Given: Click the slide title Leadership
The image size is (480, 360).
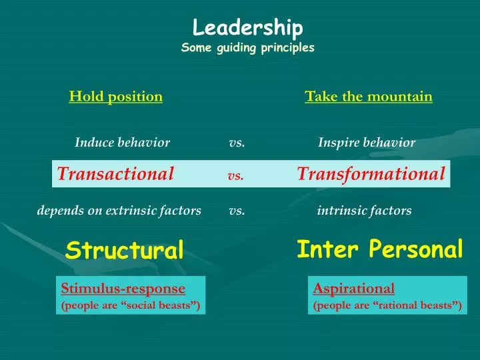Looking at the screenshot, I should click(248, 28).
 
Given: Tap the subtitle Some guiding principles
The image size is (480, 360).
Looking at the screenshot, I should click(247, 48).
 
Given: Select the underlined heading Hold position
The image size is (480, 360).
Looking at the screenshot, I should click(116, 97).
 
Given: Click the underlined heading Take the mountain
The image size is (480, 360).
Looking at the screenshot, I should click(369, 97).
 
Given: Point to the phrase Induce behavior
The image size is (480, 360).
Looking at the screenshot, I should click(122, 142).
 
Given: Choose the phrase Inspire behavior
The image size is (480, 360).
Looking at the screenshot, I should click(367, 142).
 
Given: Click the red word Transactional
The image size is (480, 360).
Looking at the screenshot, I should click(115, 174).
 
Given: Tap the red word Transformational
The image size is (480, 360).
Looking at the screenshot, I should click(371, 174).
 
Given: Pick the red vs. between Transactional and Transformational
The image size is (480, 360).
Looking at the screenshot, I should click(235, 176).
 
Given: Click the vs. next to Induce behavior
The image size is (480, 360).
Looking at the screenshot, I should click(237, 142).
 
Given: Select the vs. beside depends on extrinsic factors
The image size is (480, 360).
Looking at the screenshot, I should click(237, 211).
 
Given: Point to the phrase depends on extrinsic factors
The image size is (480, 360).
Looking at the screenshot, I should click(119, 211).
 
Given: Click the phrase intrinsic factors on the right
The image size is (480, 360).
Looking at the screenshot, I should click(364, 211).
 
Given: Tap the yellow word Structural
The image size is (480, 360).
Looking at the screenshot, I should click(124, 251).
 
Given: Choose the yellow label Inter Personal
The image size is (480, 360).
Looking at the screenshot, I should click(379, 249).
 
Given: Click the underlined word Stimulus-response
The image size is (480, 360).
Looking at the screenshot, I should click(123, 289).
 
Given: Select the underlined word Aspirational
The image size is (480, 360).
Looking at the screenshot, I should click(354, 289).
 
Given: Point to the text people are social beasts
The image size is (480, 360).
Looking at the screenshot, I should click(131, 305).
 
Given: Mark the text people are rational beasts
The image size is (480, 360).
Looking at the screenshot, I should click(387, 305).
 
